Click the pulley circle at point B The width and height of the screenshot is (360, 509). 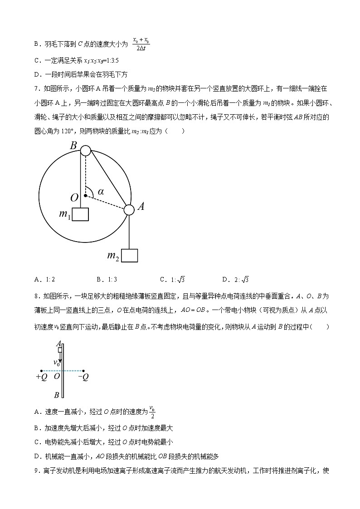(x=85, y=150)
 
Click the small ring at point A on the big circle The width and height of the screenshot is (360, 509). (x=129, y=209)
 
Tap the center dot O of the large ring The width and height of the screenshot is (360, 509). (x=85, y=196)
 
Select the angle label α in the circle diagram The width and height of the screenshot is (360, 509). (x=101, y=192)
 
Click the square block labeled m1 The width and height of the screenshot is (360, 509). (x=80, y=214)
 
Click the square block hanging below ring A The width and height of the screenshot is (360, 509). (x=130, y=256)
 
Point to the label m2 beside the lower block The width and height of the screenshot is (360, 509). (x=113, y=256)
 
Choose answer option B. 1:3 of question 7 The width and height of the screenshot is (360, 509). (x=107, y=280)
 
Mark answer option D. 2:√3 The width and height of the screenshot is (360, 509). (x=236, y=280)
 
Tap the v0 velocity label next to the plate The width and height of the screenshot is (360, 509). (x=57, y=363)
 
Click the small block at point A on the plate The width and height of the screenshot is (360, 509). (x=60, y=350)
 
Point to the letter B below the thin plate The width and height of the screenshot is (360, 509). (x=57, y=394)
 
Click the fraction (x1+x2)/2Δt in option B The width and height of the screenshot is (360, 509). (x=141, y=44)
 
